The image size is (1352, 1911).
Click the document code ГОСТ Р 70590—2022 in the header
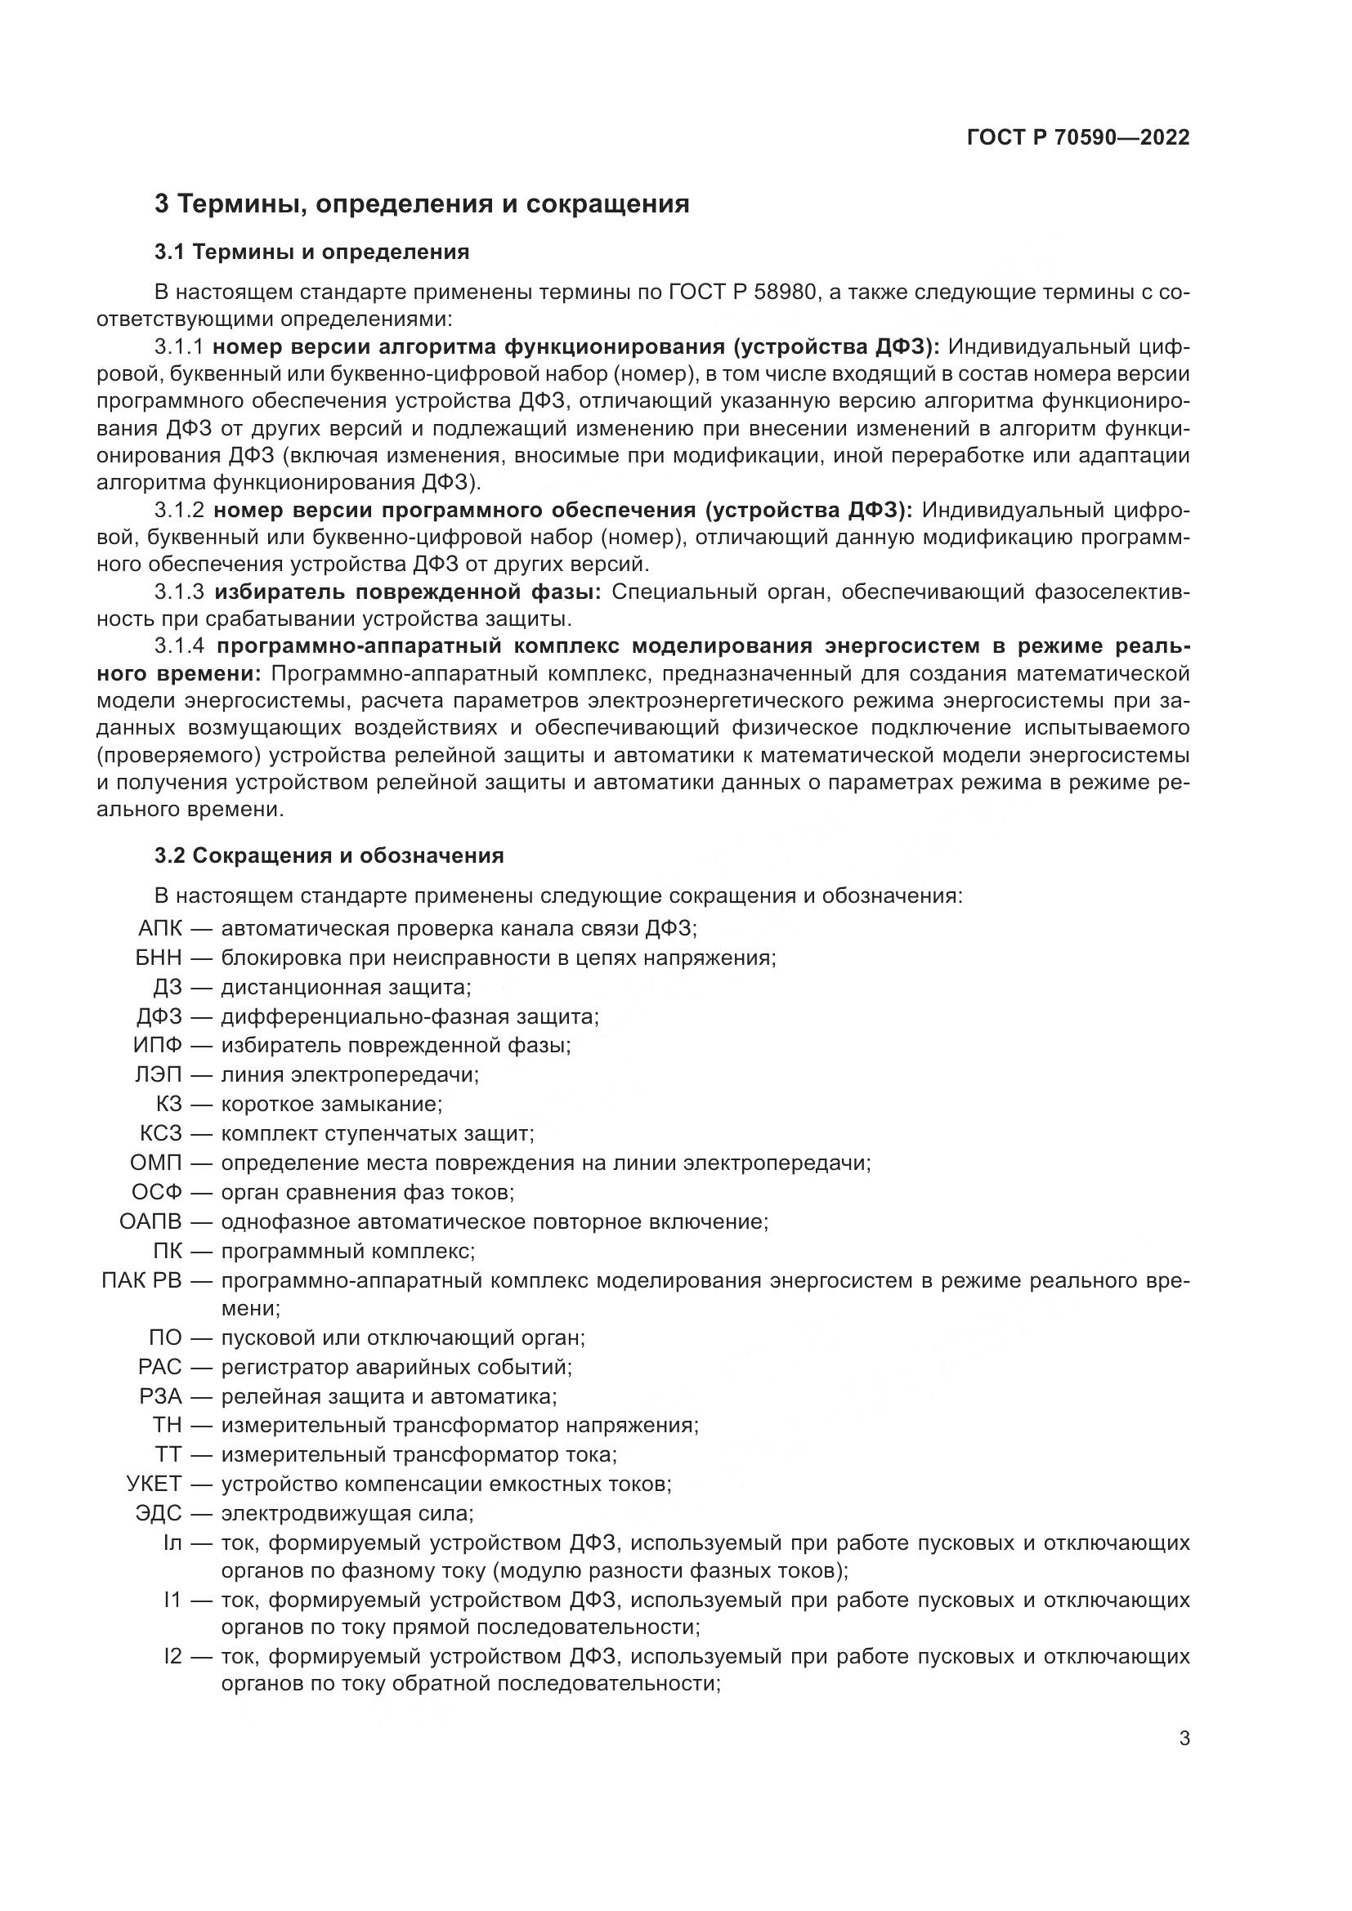click(1078, 138)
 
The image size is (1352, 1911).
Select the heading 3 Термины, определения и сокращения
click(422, 204)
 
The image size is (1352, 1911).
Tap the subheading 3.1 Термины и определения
click(311, 252)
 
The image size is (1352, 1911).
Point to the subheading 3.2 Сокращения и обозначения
click(329, 855)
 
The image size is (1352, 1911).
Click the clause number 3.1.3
click(179, 592)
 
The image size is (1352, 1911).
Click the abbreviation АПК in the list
click(160, 928)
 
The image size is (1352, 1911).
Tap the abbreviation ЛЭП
click(159, 1074)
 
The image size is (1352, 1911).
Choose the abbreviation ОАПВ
click(150, 1221)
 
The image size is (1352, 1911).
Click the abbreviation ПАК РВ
click(141, 1280)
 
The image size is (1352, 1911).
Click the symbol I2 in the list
click(172, 1656)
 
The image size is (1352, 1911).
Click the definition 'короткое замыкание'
click(330, 1105)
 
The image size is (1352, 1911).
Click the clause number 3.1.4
click(179, 647)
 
